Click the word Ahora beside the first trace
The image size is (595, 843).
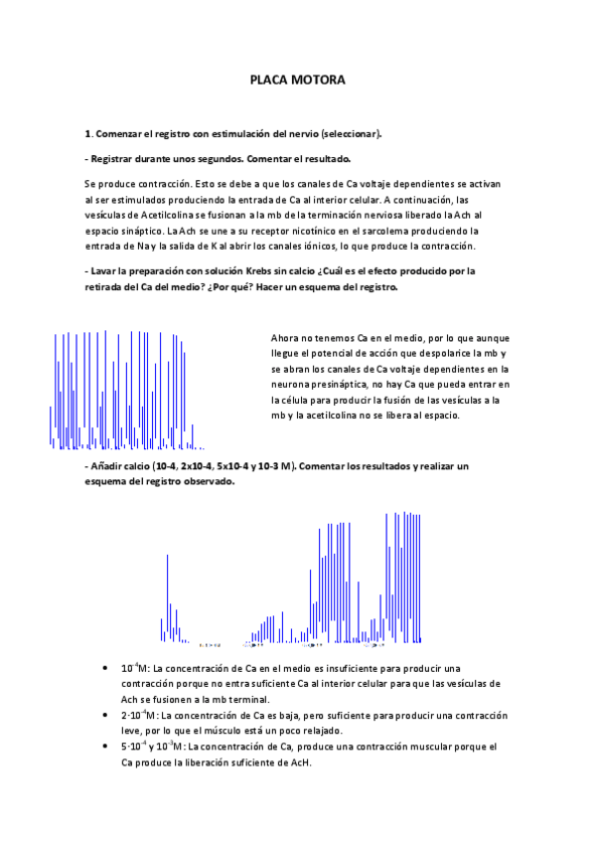[x=286, y=338]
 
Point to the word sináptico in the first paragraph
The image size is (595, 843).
[x=145, y=231]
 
